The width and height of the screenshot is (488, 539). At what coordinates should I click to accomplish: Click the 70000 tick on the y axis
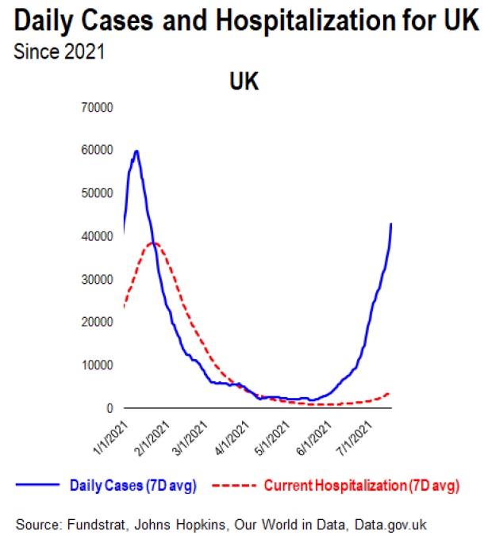pyautogui.click(x=98, y=107)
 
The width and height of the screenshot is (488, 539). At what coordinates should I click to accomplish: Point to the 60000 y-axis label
pyautogui.click(x=98, y=150)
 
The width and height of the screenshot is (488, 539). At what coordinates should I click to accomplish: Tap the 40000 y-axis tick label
pyautogui.click(x=98, y=236)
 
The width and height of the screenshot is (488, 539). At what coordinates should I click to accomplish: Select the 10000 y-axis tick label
pyautogui.click(x=98, y=365)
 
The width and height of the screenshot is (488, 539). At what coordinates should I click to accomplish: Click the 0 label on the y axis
pyautogui.click(x=110, y=408)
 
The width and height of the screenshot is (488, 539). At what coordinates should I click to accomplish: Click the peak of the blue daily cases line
pyautogui.click(x=137, y=151)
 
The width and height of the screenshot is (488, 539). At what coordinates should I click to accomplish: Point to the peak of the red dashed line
pyautogui.click(x=155, y=243)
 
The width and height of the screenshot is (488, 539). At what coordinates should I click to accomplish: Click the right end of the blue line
pyautogui.click(x=391, y=224)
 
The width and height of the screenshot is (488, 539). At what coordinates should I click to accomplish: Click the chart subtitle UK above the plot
pyautogui.click(x=244, y=82)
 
